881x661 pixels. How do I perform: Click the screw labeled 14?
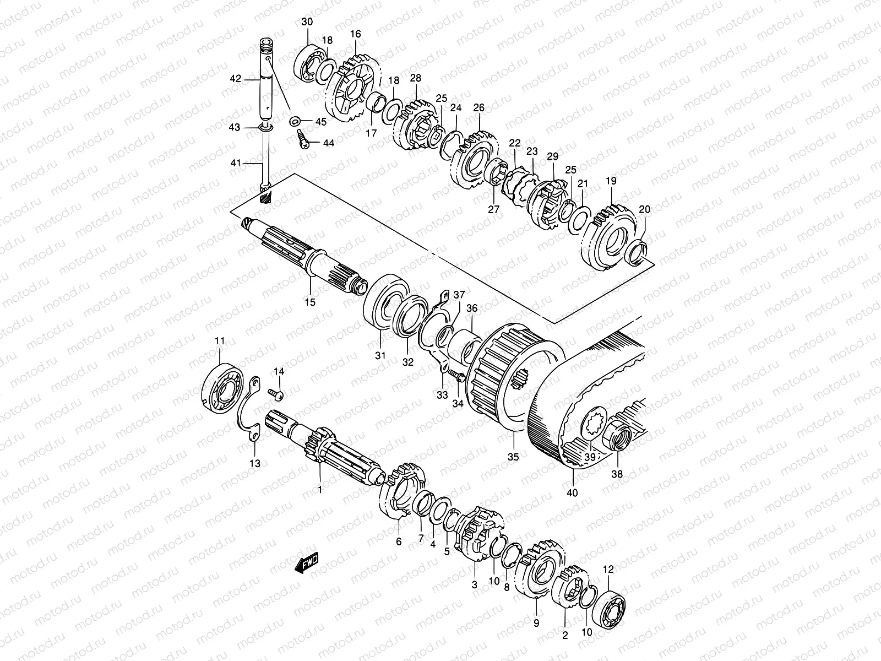(x=276, y=393)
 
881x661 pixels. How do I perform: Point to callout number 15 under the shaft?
(x=310, y=302)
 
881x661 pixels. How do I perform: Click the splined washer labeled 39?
(x=593, y=424)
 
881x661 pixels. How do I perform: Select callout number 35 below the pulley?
(x=513, y=456)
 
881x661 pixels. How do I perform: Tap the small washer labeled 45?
(x=295, y=120)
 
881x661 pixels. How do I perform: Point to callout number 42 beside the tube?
(x=235, y=79)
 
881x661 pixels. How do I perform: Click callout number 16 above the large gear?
(x=355, y=34)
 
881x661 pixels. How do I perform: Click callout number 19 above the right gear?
(x=611, y=181)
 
